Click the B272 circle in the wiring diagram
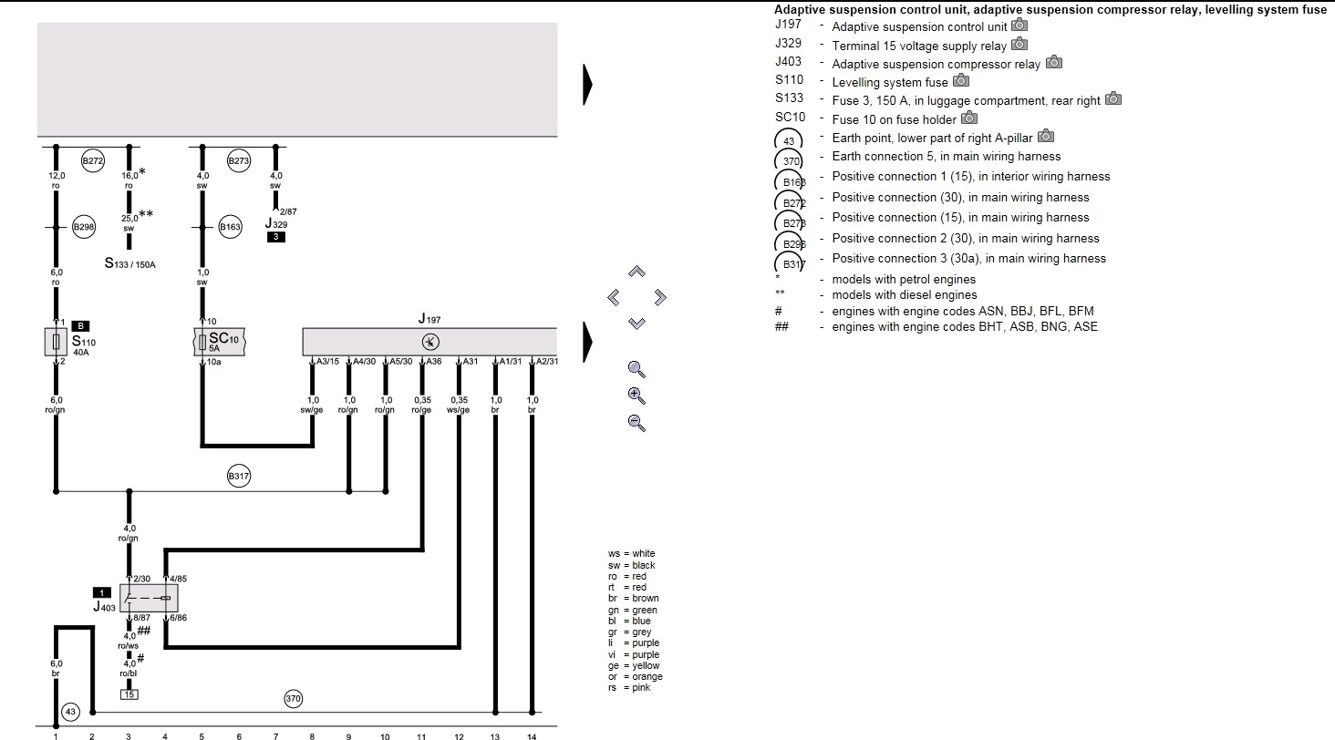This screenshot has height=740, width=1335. click(x=92, y=161)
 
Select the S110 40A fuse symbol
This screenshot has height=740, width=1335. click(x=56, y=342)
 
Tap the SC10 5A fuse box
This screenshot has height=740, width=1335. click(x=220, y=342)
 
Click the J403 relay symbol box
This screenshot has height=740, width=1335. click(x=149, y=598)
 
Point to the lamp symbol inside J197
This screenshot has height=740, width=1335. click(x=430, y=342)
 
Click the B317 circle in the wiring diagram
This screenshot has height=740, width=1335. click(x=238, y=476)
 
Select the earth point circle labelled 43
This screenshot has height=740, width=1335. click(x=70, y=712)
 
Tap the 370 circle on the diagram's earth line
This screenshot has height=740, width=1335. click(x=294, y=699)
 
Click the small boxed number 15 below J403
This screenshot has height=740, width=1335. click(x=129, y=694)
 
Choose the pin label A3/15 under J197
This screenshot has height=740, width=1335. click(x=327, y=362)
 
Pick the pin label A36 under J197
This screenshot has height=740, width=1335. click(x=434, y=362)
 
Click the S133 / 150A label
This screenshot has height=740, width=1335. click(x=129, y=263)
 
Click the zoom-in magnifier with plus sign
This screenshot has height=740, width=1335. click(x=636, y=396)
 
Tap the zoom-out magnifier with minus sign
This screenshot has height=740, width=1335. click(x=636, y=423)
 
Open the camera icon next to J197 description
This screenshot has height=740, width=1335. click(x=1019, y=25)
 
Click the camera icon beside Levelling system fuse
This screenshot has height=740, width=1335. click(x=961, y=80)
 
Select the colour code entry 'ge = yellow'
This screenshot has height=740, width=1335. click(x=634, y=665)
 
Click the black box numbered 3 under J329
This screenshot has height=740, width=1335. click(x=276, y=237)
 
